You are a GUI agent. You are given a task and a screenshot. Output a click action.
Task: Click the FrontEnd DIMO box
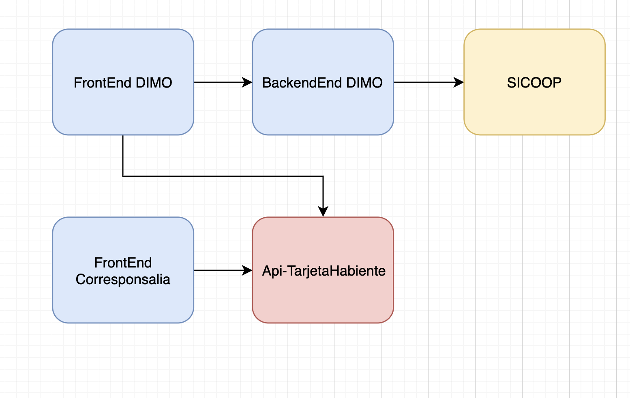[x=123, y=82]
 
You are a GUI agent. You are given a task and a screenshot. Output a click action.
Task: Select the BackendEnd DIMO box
[x=323, y=82]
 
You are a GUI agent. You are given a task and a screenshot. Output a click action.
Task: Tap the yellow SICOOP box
[x=534, y=82]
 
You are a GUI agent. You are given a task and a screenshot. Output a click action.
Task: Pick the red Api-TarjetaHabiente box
[x=323, y=270]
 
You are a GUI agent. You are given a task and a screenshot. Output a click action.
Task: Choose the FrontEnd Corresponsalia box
[x=123, y=270]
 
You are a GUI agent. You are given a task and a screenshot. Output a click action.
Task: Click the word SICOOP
[x=534, y=83]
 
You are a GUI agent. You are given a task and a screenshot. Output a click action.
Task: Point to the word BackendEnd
[x=302, y=83]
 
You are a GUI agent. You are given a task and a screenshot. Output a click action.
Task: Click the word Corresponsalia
[x=123, y=279]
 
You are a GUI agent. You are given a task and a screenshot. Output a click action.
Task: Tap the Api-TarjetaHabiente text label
[x=324, y=271]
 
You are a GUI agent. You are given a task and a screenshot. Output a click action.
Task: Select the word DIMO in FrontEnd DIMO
[x=154, y=83]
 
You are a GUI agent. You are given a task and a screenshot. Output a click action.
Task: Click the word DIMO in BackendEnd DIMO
[x=364, y=83]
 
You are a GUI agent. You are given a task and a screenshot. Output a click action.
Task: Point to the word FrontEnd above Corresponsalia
[x=123, y=263]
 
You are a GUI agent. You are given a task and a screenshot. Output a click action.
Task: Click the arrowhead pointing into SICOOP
[x=459, y=82]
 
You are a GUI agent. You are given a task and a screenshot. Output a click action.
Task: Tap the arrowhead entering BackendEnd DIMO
[x=247, y=82]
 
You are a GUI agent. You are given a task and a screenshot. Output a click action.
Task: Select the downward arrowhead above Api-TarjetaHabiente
[x=323, y=211]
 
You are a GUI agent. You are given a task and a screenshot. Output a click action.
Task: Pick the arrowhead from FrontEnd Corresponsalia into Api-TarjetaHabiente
[x=247, y=270]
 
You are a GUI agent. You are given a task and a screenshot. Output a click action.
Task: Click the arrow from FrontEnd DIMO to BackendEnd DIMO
[x=223, y=82]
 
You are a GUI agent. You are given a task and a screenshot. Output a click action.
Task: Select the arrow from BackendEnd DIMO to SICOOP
[x=429, y=82]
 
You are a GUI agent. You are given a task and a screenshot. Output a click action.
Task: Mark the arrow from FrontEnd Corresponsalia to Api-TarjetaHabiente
[x=223, y=270]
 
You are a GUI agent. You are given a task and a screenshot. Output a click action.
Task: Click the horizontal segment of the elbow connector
[x=223, y=176]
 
